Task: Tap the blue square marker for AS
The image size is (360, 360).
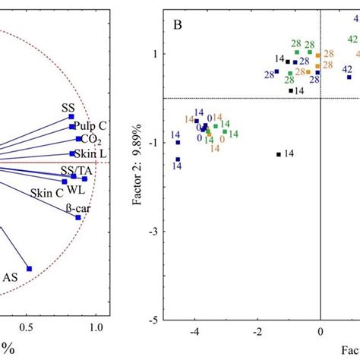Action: (x=30, y=268)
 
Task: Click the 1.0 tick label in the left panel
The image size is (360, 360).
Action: (x=96, y=327)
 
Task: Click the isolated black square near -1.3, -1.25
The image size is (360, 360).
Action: (x=279, y=154)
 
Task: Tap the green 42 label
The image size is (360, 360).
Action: (x=352, y=39)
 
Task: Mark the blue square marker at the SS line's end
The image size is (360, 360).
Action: (x=71, y=117)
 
